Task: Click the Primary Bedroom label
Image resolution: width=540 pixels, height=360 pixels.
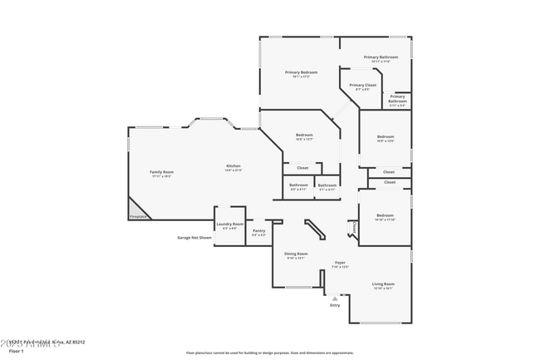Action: click(302, 72)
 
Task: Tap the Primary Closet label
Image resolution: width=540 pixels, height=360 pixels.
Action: click(362, 85)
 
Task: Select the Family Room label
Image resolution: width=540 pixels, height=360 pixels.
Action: click(162, 172)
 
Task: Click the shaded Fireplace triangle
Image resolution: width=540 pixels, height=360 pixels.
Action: click(135, 211)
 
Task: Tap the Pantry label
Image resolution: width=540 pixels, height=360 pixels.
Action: click(259, 231)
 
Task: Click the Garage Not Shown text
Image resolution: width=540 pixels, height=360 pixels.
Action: click(194, 238)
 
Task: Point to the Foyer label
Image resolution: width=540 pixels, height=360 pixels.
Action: click(340, 263)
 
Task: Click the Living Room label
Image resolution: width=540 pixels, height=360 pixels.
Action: click(383, 284)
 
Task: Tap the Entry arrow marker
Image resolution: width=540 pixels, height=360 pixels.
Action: click(335, 297)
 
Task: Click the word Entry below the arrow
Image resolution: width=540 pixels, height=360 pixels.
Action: click(335, 305)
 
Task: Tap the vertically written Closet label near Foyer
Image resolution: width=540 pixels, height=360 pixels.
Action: click(355, 226)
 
